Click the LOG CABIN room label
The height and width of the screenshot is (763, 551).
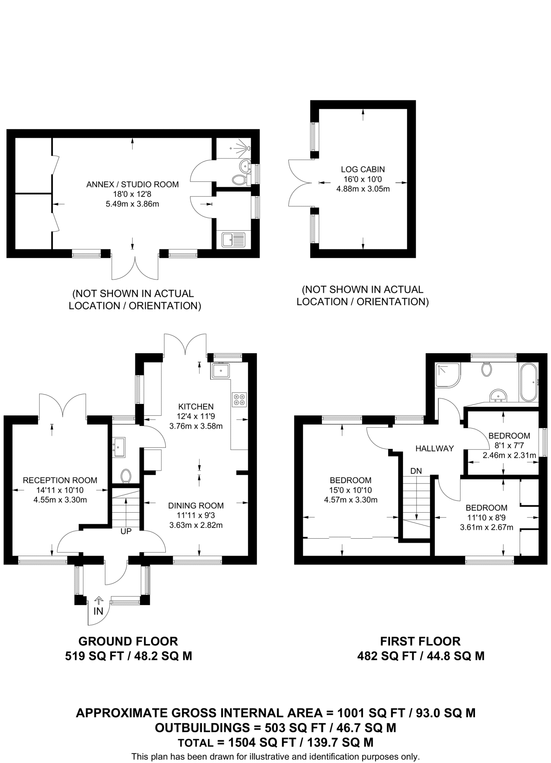[x=362, y=169]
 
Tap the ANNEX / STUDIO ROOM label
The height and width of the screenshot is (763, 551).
[x=132, y=184]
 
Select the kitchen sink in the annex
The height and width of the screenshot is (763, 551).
[x=234, y=240]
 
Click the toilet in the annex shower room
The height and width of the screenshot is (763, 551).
[x=240, y=180]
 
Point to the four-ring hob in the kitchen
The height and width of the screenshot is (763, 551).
[x=239, y=399]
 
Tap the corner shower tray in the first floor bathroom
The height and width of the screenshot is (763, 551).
[x=448, y=374]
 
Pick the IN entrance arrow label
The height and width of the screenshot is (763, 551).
[x=98, y=611]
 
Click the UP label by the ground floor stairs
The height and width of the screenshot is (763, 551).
[x=126, y=531]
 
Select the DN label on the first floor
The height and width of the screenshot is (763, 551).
[x=416, y=471]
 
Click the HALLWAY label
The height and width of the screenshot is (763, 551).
[x=434, y=449]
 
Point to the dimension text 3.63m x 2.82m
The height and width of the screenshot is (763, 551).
[x=196, y=525]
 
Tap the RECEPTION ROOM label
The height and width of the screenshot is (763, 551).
[x=60, y=480]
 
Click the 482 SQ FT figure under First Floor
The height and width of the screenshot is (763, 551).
[x=386, y=656]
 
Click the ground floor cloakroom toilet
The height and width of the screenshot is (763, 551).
[x=126, y=476]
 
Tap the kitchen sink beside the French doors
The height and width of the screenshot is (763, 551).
[x=221, y=371]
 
